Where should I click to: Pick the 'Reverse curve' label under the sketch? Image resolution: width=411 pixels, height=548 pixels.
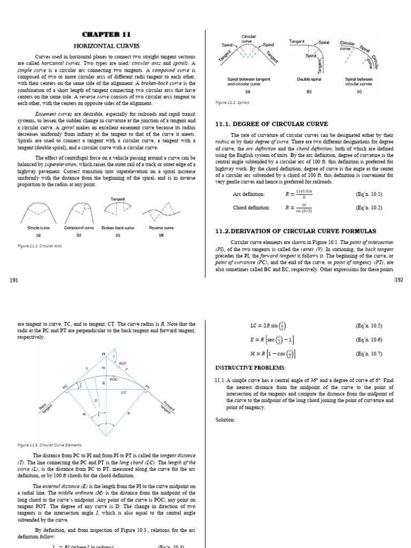[161, 227]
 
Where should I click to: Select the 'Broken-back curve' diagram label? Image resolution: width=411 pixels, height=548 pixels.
[119, 227]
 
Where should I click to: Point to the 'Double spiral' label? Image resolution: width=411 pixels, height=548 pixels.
[308, 79]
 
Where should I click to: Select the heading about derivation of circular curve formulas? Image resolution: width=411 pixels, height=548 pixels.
[295, 231]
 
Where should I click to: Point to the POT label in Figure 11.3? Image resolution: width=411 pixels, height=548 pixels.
[123, 363]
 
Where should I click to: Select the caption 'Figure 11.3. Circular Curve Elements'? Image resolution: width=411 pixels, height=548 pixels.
[49, 444]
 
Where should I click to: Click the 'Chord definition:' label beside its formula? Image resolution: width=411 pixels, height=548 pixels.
[251, 208]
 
